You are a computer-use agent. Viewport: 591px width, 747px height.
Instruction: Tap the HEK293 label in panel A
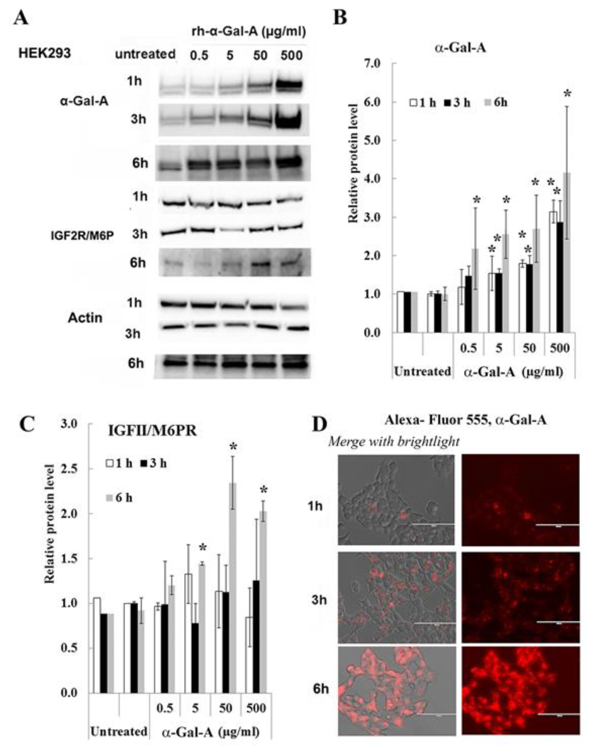[44, 54]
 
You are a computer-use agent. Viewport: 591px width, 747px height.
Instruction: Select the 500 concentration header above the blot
[291, 55]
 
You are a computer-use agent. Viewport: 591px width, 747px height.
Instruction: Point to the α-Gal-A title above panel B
[460, 48]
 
